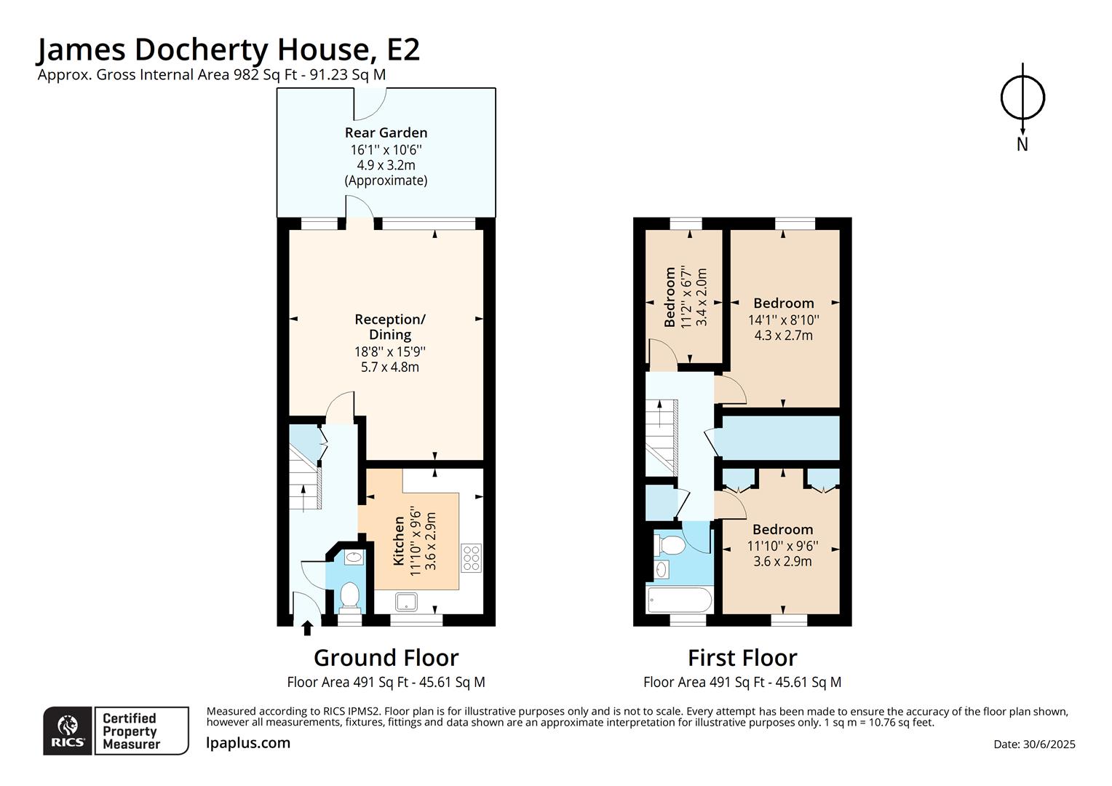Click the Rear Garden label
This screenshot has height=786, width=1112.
coord(386,132)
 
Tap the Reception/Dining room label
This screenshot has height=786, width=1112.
coord(390,327)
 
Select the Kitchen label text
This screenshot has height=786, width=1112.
coord(399,540)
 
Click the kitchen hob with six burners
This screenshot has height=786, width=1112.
coord(471,557)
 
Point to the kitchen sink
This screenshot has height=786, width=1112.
coord(404,601)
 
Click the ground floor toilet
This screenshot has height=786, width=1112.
coord(350,596)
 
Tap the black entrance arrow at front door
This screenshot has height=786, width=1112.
coord(307,627)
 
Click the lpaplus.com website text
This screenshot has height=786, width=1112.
coord(248,743)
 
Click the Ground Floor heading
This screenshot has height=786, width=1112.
coord(386,658)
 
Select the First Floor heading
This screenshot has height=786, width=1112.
coord(742,658)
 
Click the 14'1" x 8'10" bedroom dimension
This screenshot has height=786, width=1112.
coord(783,319)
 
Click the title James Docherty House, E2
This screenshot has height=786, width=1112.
coord(228,49)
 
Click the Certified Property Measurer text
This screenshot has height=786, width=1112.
coord(131,731)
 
